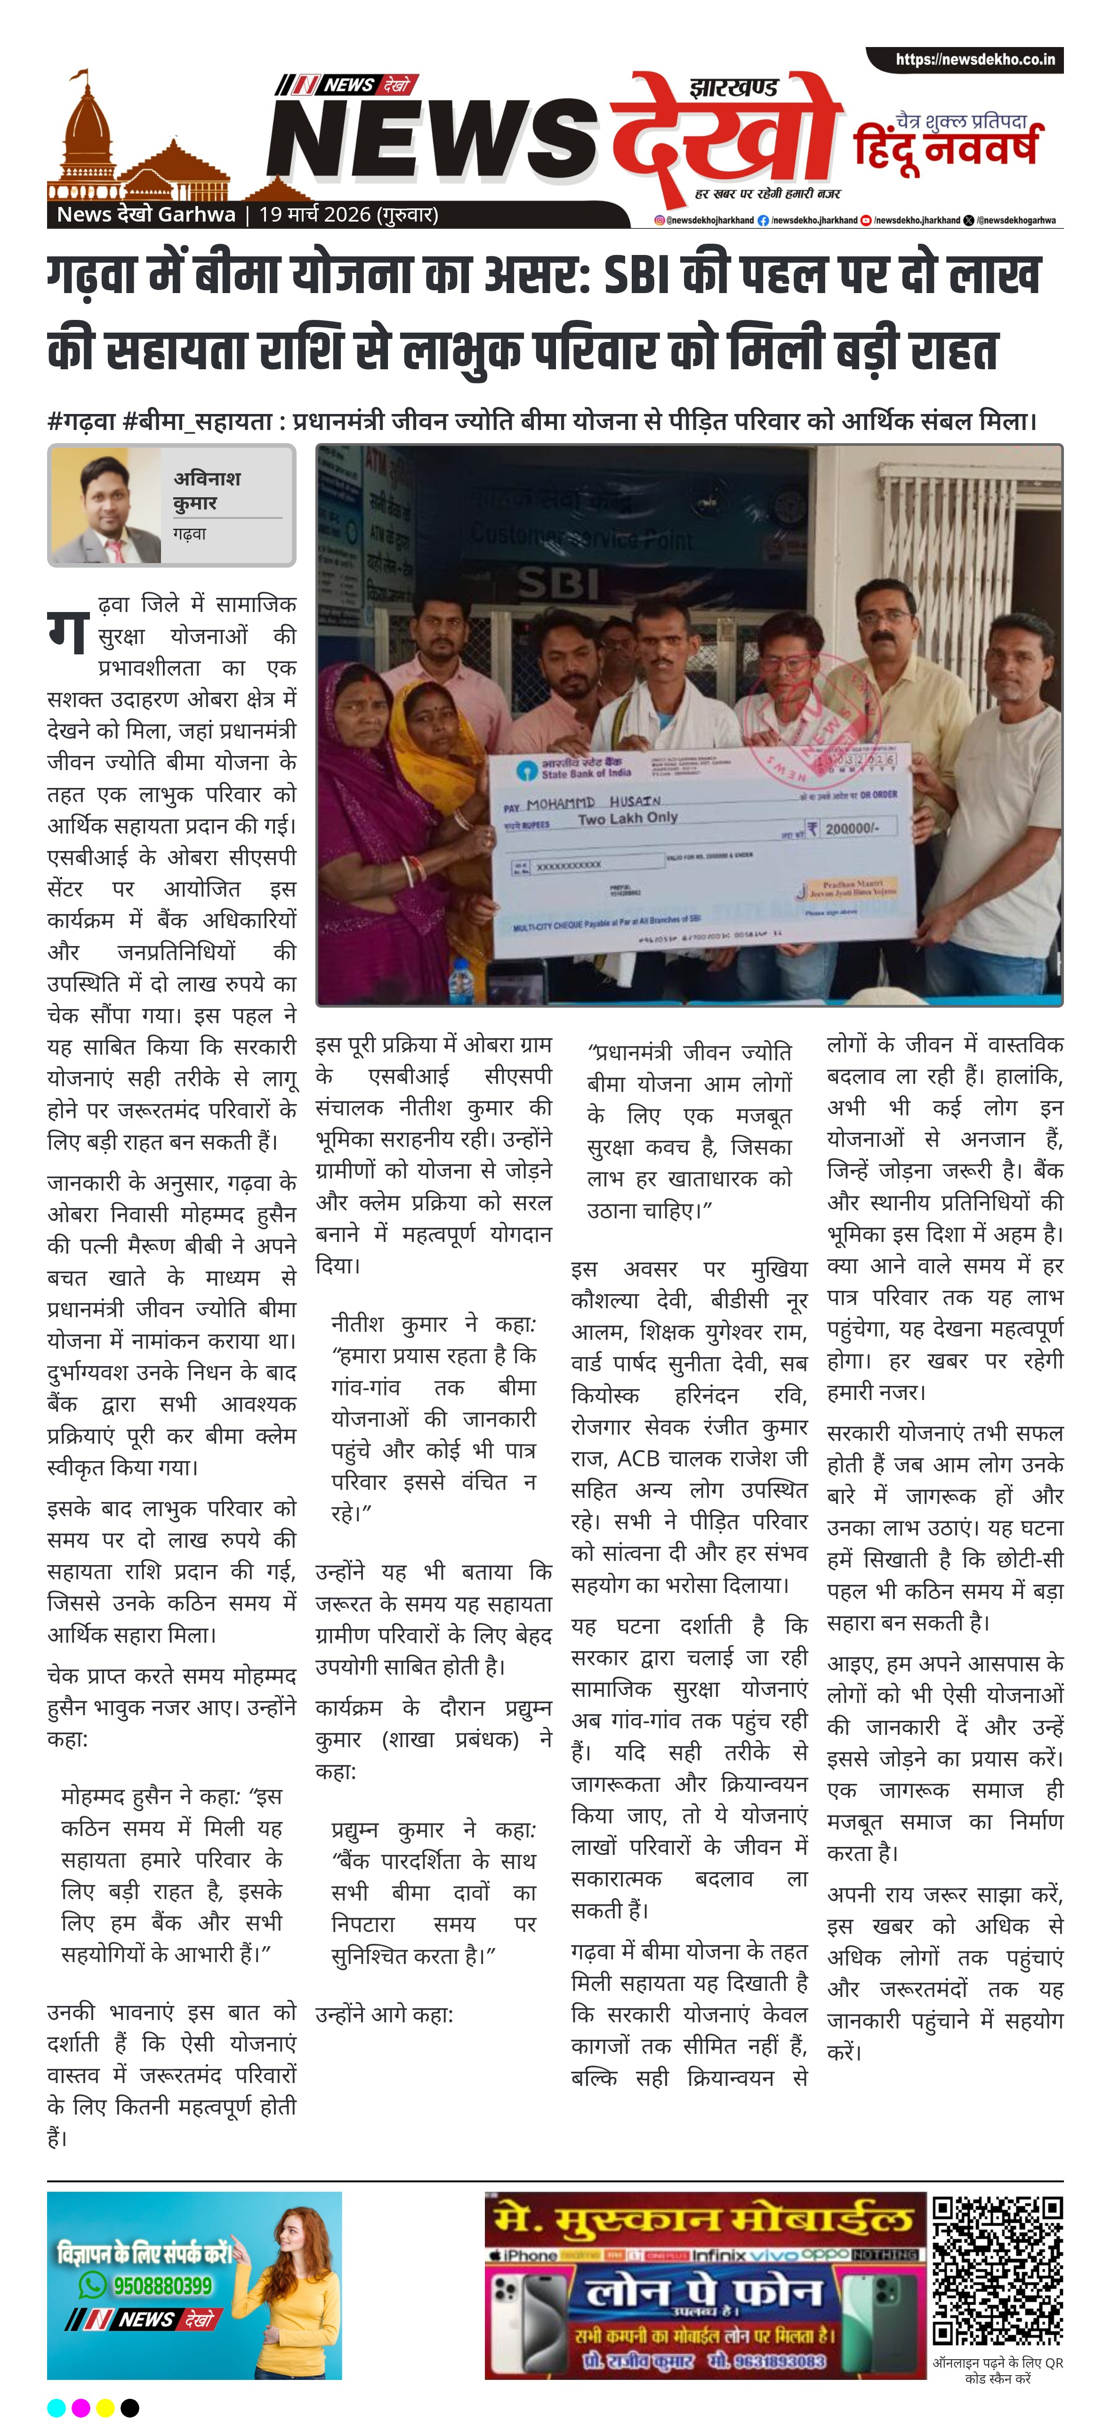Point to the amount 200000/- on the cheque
[851, 829]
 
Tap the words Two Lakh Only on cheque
[628, 819]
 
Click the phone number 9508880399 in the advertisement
[162, 2286]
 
